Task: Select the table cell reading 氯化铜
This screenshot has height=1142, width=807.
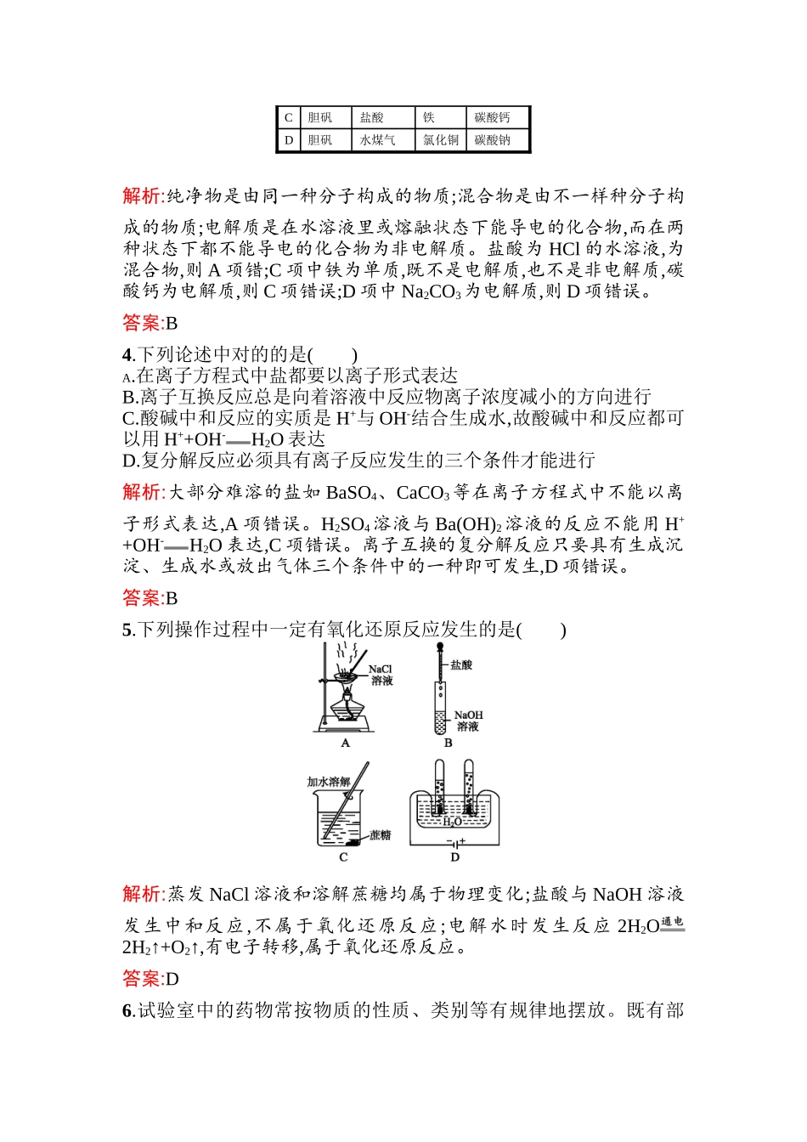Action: coord(441,140)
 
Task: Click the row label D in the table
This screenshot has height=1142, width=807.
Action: coord(289,140)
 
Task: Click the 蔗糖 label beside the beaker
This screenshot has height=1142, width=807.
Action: coord(381,835)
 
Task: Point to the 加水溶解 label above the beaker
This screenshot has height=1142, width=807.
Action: coord(329,781)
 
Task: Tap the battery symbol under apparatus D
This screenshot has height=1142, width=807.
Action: coord(455,843)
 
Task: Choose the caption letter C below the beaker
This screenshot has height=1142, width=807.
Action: coord(343,857)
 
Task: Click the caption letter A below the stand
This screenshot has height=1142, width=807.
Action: coord(345,743)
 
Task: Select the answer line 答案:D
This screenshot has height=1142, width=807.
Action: coord(150,979)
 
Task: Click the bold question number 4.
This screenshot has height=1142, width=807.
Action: coord(127,355)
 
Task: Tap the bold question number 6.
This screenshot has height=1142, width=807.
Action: coord(127,1010)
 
